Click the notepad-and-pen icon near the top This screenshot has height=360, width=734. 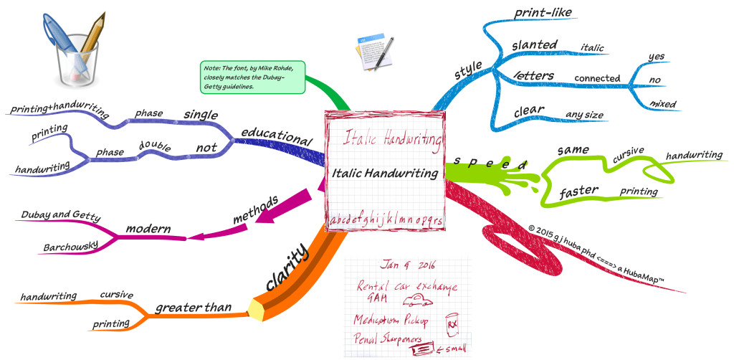(373, 53)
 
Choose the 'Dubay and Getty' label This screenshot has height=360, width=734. (61, 216)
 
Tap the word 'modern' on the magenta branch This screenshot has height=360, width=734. (148, 229)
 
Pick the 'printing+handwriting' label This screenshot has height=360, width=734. (60, 113)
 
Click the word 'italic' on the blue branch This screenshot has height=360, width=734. (591, 48)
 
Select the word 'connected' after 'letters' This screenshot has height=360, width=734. (597, 78)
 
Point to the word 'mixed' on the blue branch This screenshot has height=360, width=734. (662, 104)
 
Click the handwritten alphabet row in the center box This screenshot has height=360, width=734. (386, 221)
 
